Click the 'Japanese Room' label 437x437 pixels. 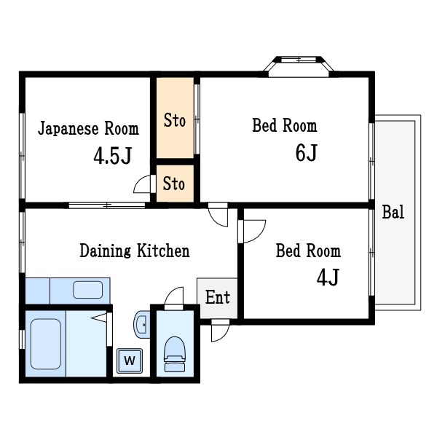[x=87, y=130]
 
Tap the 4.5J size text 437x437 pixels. [x=111, y=157]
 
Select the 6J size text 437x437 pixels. [x=306, y=153]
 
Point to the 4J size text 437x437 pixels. [x=328, y=277]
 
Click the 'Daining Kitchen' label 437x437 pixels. [x=134, y=251]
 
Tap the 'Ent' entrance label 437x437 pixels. [x=217, y=297]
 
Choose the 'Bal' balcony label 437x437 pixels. [x=393, y=213]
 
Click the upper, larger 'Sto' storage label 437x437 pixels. [x=174, y=120]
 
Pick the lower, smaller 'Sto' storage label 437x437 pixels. [x=174, y=184]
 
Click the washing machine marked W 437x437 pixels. [x=130, y=361]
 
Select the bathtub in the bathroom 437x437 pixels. [x=46, y=342]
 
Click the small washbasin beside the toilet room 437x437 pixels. [x=141, y=323]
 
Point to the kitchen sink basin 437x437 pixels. [x=88, y=289]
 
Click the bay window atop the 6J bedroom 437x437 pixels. [x=299, y=64]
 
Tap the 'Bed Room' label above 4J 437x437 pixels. [x=307, y=251]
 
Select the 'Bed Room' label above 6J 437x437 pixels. [x=284, y=126]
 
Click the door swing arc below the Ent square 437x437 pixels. [x=219, y=332]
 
